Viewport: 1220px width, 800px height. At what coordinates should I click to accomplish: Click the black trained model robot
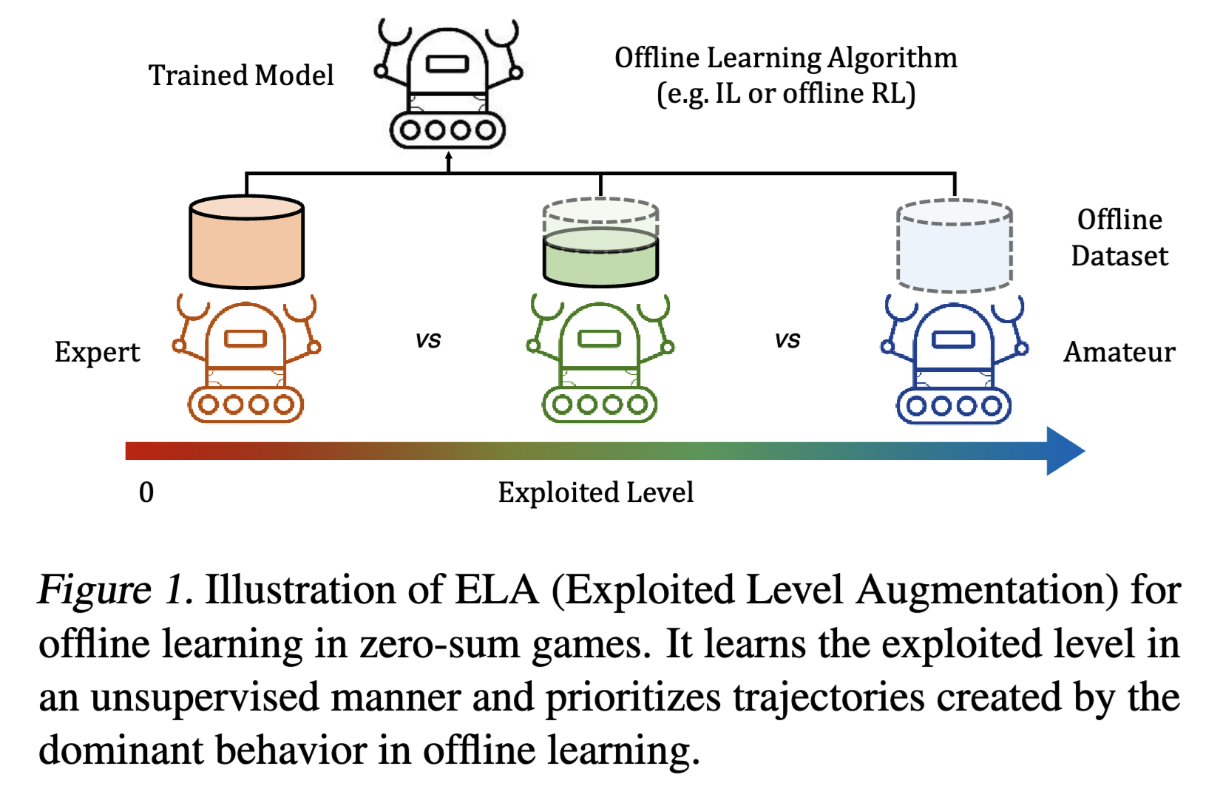[448, 85]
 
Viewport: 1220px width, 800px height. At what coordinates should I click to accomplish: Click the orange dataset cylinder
[246, 242]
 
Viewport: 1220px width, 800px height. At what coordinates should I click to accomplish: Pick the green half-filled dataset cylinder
[600, 255]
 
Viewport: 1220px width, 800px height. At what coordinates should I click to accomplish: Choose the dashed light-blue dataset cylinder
[954, 245]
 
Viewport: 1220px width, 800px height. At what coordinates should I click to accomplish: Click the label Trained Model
[241, 75]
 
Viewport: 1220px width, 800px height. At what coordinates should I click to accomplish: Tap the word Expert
[97, 353]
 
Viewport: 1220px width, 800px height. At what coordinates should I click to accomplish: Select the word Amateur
[1119, 352]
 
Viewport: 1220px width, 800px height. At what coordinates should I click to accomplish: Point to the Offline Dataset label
[1119, 237]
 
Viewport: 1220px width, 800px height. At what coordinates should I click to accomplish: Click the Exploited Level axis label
[596, 492]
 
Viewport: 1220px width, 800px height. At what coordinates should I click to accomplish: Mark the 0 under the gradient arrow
[146, 492]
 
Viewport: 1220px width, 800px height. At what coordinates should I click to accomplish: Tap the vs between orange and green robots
[428, 340]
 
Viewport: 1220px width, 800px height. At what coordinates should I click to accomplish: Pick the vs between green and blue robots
[787, 340]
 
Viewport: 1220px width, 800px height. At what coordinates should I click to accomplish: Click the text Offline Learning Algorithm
[786, 58]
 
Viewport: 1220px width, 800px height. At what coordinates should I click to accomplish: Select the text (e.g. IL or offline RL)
[786, 94]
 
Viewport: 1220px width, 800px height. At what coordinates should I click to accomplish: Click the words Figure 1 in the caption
[115, 590]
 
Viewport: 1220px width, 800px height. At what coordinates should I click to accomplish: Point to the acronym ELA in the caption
[496, 590]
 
